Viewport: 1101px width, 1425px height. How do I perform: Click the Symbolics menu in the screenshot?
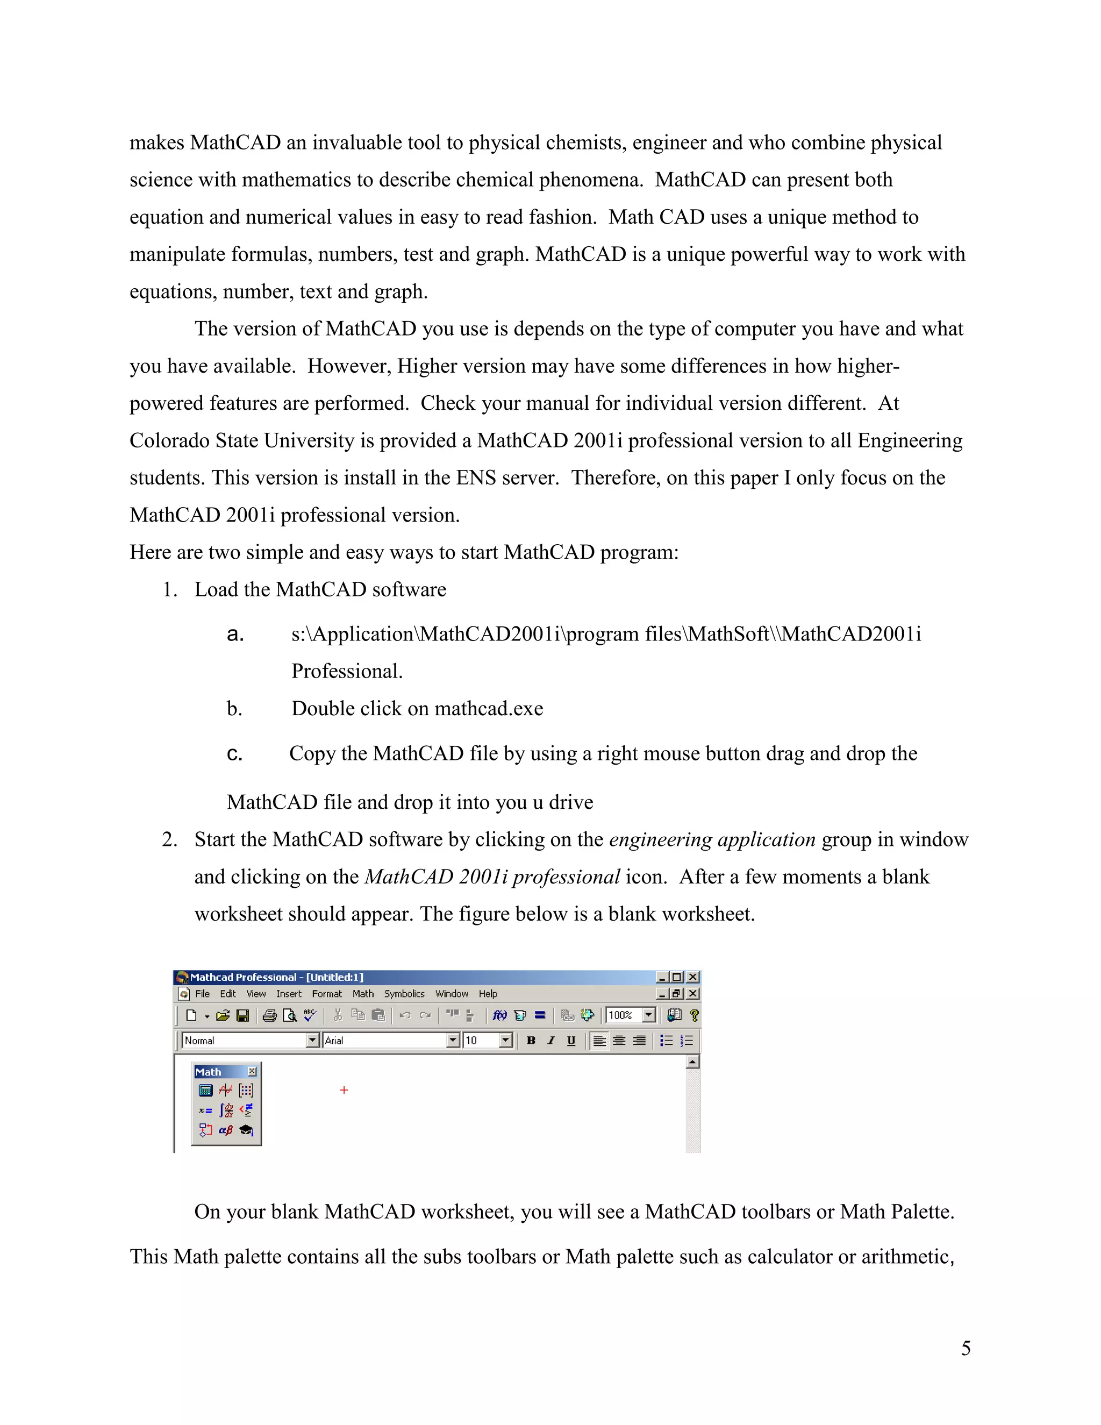[x=404, y=994]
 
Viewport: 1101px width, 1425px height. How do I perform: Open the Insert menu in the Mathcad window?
[x=288, y=994]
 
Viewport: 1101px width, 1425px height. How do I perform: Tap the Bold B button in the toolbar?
[x=531, y=1041]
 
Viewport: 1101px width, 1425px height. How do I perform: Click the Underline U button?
[x=571, y=1041]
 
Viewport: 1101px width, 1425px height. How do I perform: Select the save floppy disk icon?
[x=242, y=1015]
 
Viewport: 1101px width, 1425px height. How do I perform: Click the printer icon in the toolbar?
[x=269, y=1015]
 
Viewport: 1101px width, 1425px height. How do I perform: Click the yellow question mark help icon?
[x=694, y=1015]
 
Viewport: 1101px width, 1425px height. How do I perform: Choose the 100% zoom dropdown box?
[x=630, y=1015]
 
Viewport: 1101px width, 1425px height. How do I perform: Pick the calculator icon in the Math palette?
[x=205, y=1091]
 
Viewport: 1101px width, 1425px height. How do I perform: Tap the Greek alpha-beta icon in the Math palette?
[x=226, y=1130]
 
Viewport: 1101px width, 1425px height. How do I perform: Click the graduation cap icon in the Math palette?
[x=247, y=1130]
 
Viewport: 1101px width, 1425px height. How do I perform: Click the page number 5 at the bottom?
[x=966, y=1349]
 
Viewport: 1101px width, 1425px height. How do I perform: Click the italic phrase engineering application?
[x=712, y=840]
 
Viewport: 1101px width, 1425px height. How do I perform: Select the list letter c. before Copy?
[x=234, y=754]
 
